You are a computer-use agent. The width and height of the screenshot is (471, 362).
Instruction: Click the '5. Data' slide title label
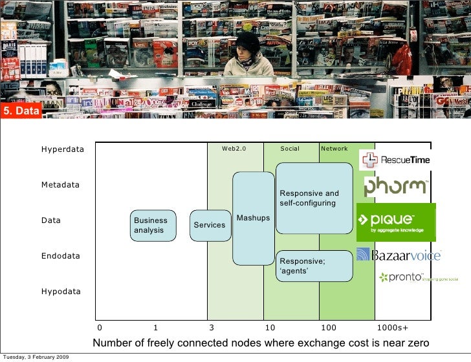(21, 112)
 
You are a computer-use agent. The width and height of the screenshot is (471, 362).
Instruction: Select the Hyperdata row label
(63, 149)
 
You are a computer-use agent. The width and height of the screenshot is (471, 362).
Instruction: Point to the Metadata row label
(60, 185)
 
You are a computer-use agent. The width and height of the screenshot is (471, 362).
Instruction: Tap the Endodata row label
(61, 256)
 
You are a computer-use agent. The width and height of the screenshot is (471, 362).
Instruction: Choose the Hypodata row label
(61, 292)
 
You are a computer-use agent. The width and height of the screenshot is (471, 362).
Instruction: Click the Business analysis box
(153, 226)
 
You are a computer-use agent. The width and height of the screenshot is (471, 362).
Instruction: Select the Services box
(210, 226)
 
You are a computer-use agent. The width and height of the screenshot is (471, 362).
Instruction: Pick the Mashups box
(253, 218)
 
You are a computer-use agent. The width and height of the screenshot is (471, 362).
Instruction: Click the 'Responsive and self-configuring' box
(314, 198)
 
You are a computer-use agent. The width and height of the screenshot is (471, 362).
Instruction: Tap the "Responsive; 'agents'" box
(314, 266)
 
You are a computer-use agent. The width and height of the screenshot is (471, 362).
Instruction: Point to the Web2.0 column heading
(234, 149)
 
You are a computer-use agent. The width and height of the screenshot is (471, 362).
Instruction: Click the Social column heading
(290, 149)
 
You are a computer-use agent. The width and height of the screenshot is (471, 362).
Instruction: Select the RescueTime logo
(395, 159)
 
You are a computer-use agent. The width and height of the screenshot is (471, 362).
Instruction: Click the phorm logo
(395, 187)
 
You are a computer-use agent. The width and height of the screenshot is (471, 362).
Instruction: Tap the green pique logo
(395, 222)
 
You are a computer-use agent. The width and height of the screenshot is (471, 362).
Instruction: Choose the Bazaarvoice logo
(398, 255)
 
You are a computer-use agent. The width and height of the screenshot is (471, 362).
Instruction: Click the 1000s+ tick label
(392, 328)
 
